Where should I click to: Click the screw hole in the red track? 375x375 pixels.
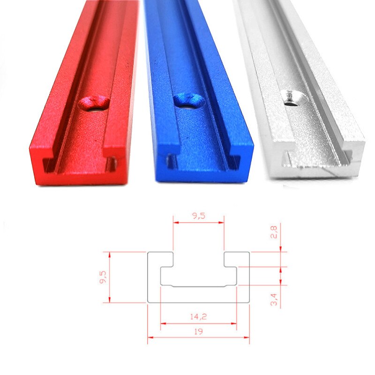tap(94, 103)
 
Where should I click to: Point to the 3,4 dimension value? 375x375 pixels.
tap(274, 299)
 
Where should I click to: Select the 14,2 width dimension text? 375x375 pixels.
tap(198, 316)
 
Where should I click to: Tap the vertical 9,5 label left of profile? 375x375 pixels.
tap(103, 277)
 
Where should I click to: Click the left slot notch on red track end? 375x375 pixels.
tap(47, 164)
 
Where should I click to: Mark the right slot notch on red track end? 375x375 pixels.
tap(112, 163)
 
